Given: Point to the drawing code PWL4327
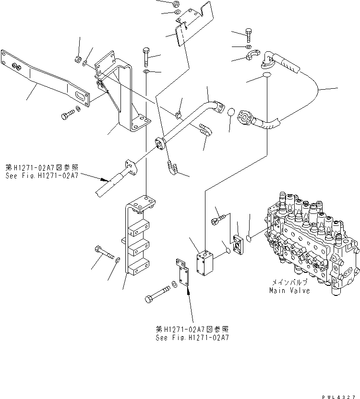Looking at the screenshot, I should [x=339, y=394].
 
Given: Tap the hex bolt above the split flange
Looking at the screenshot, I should [x=249, y=35].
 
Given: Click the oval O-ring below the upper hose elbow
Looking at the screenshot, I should [x=267, y=76].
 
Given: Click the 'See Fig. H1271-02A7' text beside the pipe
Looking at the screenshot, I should [x=43, y=172].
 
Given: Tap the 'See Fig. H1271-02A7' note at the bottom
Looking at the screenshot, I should [x=192, y=333].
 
